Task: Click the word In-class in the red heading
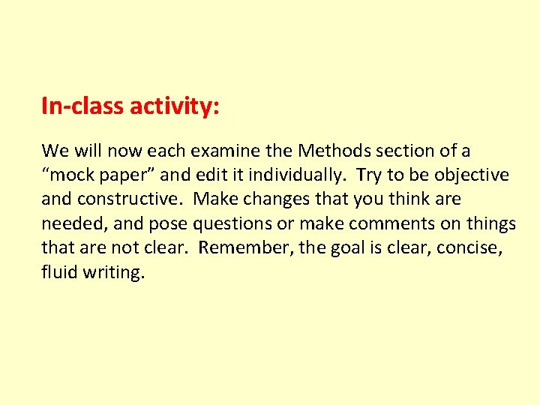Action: [x=83, y=106]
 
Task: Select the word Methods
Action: [x=334, y=151]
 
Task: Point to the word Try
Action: [x=369, y=175]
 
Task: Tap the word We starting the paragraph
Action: [x=55, y=151]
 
